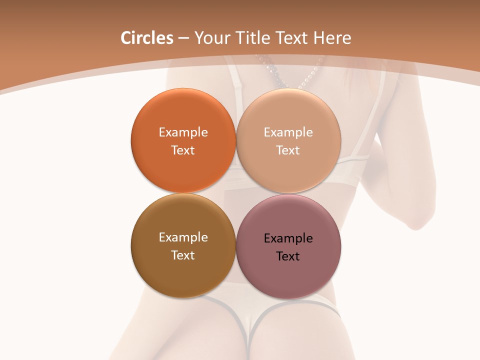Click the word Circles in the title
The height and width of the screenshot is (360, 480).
coord(147,38)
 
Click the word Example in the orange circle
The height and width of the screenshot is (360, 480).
coord(183,132)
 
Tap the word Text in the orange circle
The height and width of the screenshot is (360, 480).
coord(183,150)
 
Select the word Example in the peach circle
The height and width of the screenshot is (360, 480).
coord(288,132)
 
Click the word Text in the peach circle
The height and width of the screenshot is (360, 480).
coord(288,150)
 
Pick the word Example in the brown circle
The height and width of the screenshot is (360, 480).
coord(183,237)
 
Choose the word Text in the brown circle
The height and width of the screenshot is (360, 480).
coord(183,255)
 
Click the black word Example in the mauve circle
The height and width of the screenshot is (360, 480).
coord(288,238)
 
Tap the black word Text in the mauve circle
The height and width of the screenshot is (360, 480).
coord(288,256)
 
